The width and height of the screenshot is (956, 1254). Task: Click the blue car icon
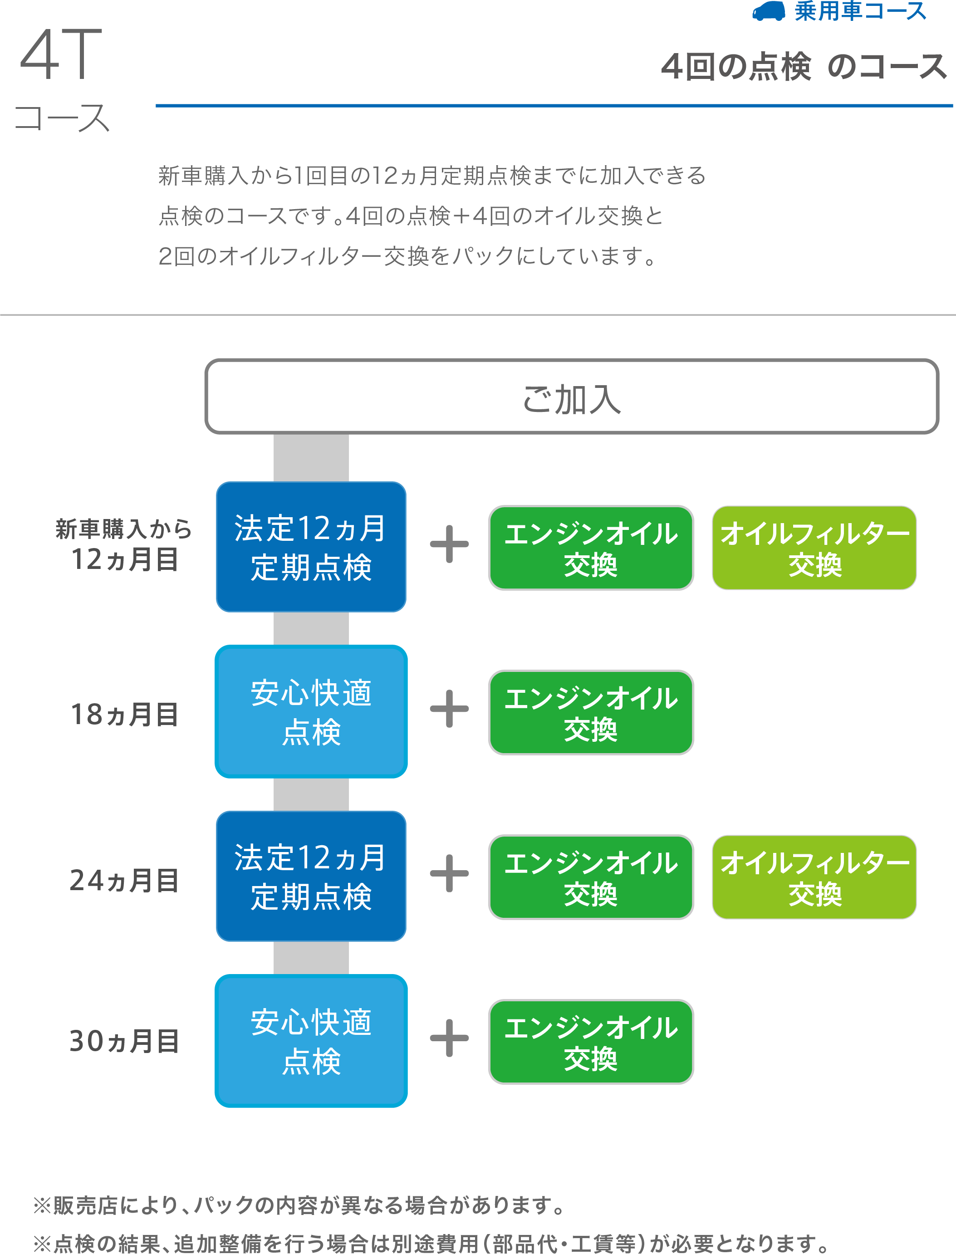[x=768, y=11]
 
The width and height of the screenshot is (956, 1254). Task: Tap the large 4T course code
[x=61, y=54]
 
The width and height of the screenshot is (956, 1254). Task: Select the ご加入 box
[x=571, y=397]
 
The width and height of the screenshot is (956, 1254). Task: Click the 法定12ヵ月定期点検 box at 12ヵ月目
[x=311, y=547]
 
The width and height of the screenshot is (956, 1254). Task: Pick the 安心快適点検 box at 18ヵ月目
[x=311, y=711]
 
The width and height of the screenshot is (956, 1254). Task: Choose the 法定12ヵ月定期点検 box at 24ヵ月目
[x=311, y=876]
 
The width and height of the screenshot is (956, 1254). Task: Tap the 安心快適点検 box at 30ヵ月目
[x=311, y=1041]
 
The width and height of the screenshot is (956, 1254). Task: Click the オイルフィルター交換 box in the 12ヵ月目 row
[x=814, y=547]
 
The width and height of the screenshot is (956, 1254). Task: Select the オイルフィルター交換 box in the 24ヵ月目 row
[x=814, y=877]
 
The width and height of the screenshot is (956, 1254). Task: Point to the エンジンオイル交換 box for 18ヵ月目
[x=591, y=712]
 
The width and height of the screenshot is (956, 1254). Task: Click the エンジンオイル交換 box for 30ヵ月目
[x=591, y=1042]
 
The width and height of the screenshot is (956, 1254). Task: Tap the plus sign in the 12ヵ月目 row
[x=449, y=544]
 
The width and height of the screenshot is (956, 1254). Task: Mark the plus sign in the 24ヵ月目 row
[x=449, y=873]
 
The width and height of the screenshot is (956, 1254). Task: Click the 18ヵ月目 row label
[x=124, y=714]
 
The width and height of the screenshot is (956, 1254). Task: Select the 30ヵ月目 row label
[x=124, y=1041]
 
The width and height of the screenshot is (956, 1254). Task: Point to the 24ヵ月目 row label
[x=124, y=880]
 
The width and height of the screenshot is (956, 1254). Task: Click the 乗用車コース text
[x=860, y=11]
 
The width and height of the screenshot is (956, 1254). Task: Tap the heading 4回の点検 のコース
[x=804, y=67]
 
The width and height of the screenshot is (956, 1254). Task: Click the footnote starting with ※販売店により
[x=299, y=1205]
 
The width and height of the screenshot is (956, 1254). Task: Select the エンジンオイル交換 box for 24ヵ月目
[x=591, y=877]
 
